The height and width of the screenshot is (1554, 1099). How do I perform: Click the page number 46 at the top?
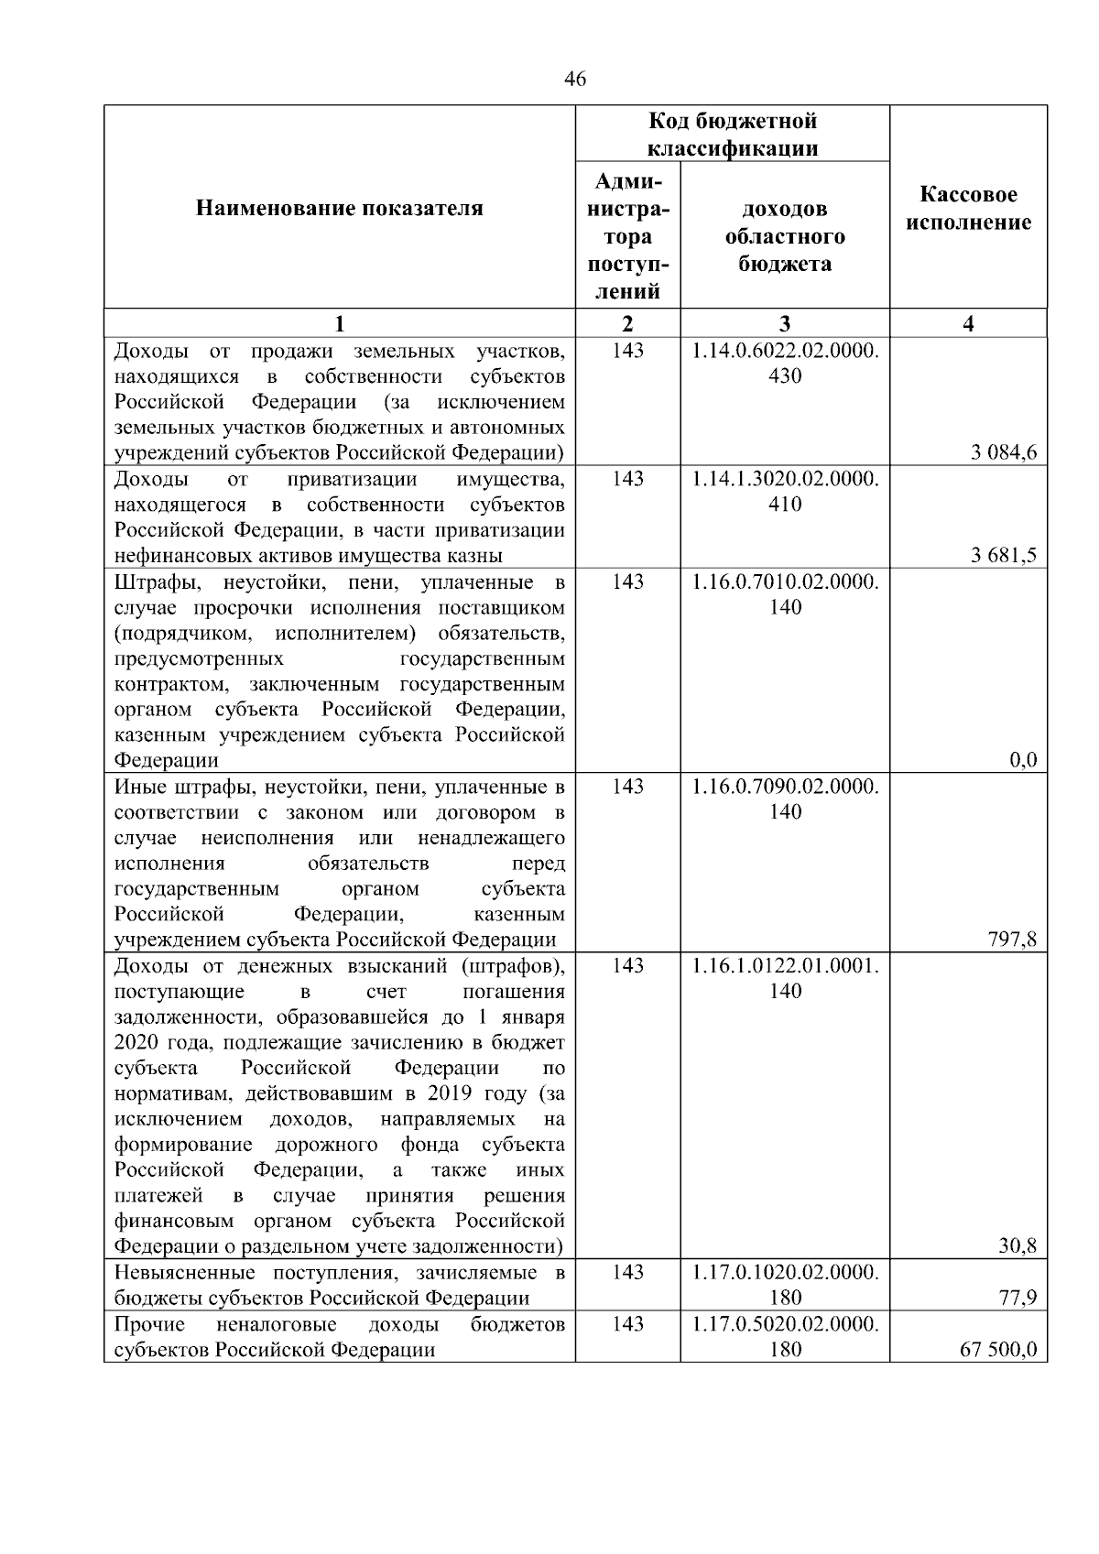pos(575,80)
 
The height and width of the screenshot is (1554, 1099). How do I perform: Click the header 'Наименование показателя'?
pos(339,209)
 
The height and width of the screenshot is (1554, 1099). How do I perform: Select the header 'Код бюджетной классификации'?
pos(732,135)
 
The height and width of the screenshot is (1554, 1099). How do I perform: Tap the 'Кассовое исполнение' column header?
pos(968,209)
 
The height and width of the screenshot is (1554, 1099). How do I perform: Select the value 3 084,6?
pos(1005,452)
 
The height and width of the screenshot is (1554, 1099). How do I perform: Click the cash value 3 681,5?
pos(1005,555)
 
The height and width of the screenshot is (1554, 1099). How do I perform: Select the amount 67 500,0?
pos(998,1349)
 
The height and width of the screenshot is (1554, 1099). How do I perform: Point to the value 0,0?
pos(1022,760)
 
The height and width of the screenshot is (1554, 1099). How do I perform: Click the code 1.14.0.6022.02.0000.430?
pos(785,363)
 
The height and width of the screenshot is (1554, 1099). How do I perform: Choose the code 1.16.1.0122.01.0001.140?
pos(785,978)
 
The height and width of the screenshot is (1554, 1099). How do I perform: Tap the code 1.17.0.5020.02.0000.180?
pos(785,1336)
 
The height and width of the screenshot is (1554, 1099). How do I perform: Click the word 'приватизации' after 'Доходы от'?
pos(352,479)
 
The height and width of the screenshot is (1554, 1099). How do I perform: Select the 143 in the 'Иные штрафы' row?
pos(627,786)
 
